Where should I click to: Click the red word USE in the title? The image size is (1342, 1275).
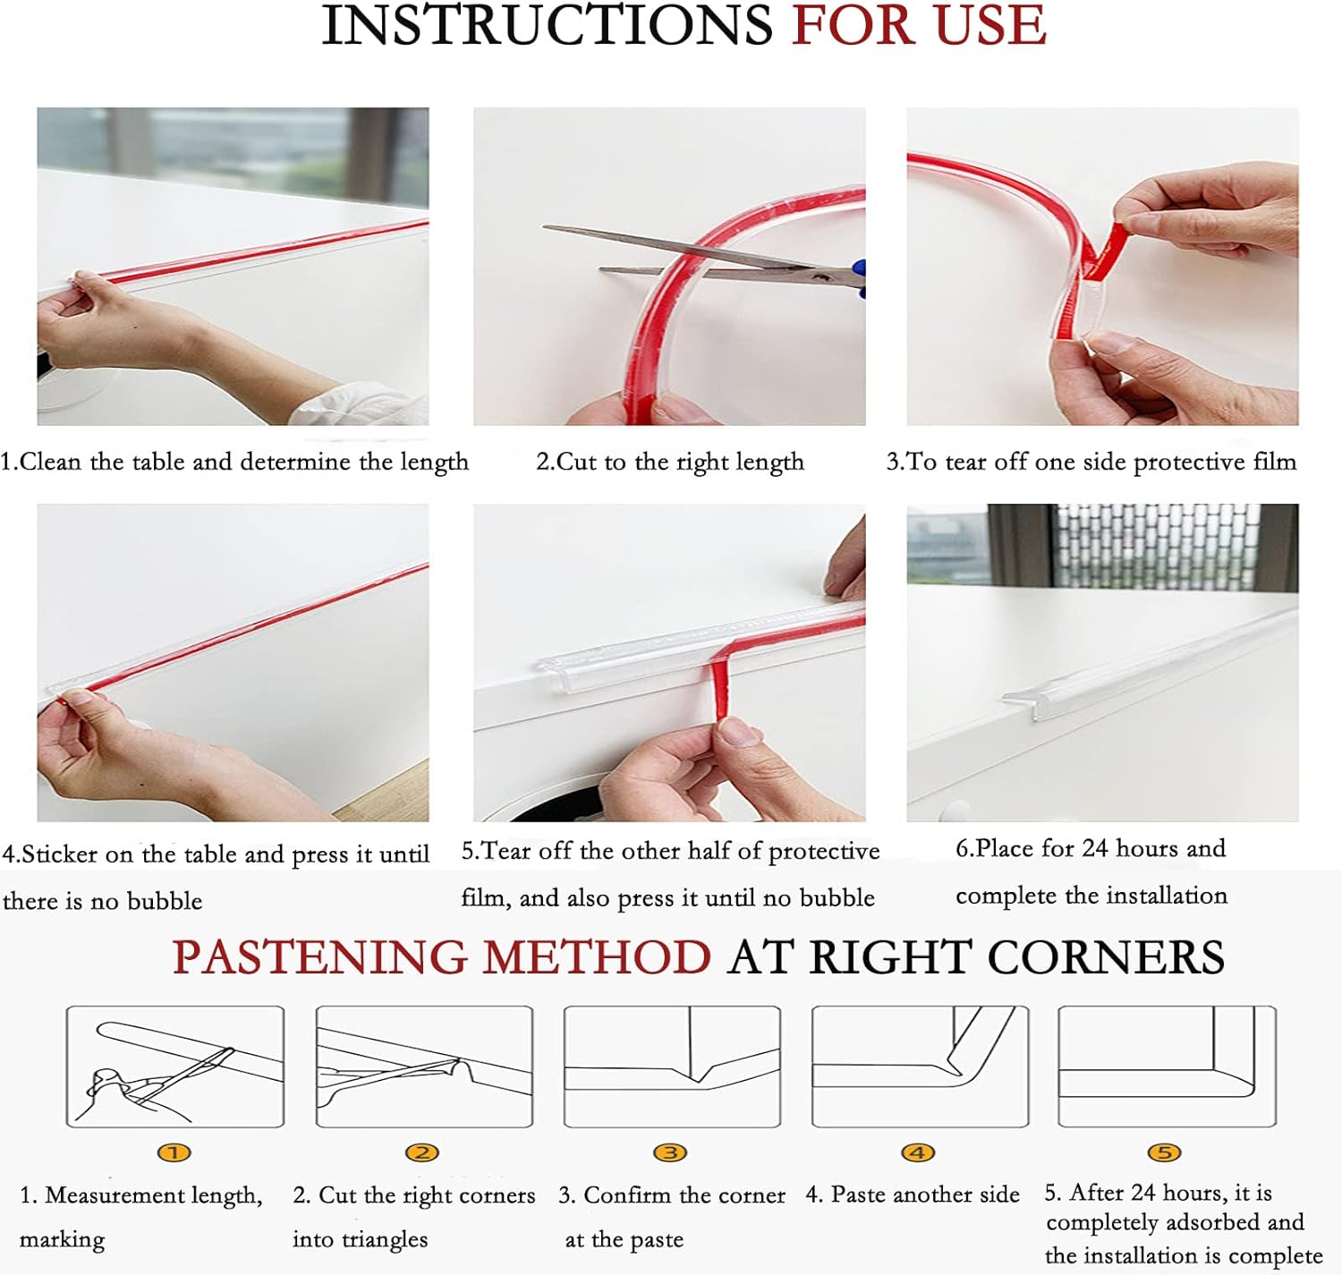[991, 25]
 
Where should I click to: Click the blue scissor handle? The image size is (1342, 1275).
[860, 276]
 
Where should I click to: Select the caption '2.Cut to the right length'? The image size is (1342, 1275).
[669, 462]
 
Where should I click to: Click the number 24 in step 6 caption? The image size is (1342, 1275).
[1095, 847]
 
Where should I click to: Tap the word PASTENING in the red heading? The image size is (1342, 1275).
[320, 957]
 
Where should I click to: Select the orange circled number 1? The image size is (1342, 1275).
[174, 1152]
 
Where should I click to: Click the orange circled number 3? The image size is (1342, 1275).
[670, 1152]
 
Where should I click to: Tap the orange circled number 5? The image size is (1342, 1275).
[1164, 1152]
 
